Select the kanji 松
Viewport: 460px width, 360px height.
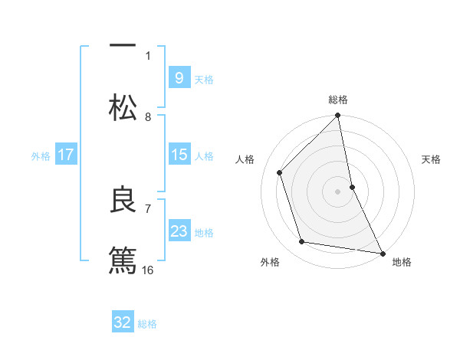click(x=123, y=108)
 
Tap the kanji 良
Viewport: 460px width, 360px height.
click(x=123, y=201)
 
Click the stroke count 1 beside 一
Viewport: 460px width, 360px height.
click(x=148, y=55)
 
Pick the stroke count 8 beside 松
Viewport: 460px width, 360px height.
click(x=148, y=116)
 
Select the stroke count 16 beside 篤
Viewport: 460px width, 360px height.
click(x=148, y=270)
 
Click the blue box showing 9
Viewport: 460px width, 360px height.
click(x=179, y=78)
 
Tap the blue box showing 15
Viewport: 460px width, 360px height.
click(x=179, y=155)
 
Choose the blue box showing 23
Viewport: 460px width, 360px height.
click(x=179, y=231)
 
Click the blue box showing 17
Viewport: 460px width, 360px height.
click(x=66, y=155)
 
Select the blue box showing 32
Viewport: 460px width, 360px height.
click(x=123, y=322)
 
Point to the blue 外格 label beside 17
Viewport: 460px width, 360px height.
click(x=41, y=156)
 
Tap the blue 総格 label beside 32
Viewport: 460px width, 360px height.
click(x=147, y=324)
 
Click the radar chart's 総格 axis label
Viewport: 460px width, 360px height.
click(x=338, y=100)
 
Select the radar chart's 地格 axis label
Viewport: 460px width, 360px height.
click(x=402, y=262)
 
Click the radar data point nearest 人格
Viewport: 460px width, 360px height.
click(x=280, y=172)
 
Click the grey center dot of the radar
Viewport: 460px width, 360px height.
click(x=338, y=191)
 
